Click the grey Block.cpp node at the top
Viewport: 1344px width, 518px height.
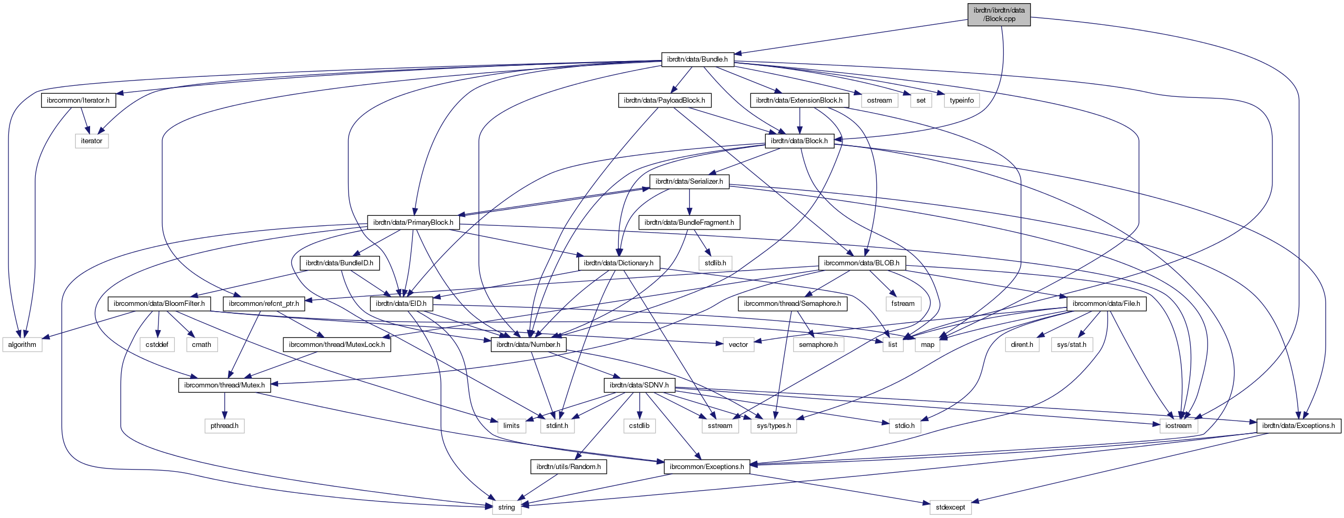(x=999, y=14)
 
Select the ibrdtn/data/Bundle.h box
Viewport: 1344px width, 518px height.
(x=697, y=59)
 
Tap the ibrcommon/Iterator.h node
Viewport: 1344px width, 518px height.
(x=78, y=100)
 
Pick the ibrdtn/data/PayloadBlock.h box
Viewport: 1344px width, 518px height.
(x=664, y=100)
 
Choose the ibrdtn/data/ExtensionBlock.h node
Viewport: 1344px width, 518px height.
(x=799, y=100)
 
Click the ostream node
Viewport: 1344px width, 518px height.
(x=879, y=100)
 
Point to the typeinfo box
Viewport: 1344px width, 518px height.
(x=962, y=100)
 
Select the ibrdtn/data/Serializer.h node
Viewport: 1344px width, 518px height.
(x=689, y=182)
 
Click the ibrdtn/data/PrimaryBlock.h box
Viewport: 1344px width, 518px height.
(x=413, y=222)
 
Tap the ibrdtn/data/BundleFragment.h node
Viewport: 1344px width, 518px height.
(x=689, y=222)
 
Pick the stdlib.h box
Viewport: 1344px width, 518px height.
(x=715, y=263)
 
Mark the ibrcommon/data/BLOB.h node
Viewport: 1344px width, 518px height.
(x=861, y=263)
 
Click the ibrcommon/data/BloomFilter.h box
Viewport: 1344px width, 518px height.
(x=159, y=304)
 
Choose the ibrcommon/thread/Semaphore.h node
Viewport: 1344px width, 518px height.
(x=792, y=304)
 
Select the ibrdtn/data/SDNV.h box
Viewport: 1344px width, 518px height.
(x=639, y=385)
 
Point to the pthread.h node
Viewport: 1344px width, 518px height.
(x=224, y=425)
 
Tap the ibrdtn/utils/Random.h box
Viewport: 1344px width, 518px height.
(x=568, y=466)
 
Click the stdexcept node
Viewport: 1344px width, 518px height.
(x=950, y=507)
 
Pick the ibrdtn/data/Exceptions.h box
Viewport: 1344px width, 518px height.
(x=1298, y=425)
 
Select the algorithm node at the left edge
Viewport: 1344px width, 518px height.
(x=22, y=344)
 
